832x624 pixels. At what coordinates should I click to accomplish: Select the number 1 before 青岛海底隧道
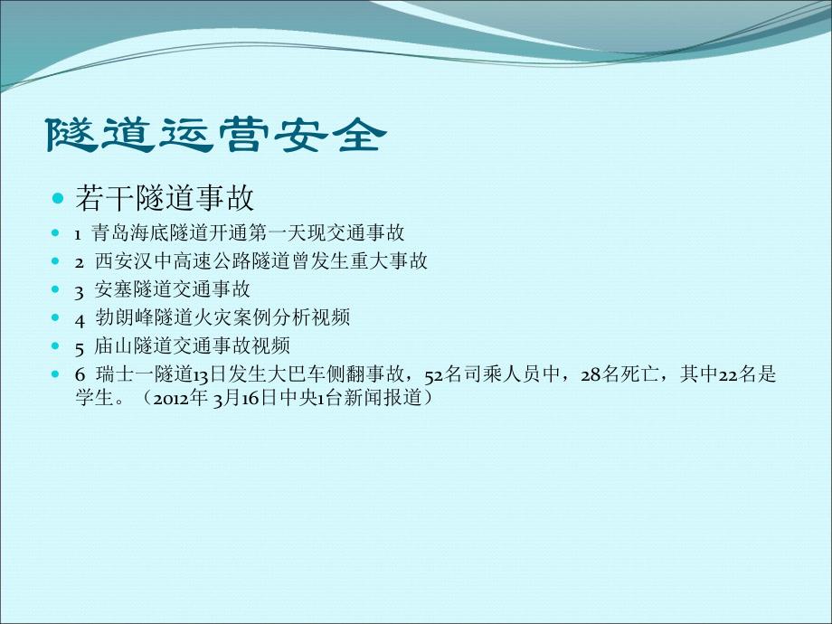(x=78, y=233)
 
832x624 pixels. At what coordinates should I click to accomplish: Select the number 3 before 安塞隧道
(x=80, y=290)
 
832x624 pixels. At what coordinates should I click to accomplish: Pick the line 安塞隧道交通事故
(x=173, y=290)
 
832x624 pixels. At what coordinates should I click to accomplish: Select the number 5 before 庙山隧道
(x=80, y=346)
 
